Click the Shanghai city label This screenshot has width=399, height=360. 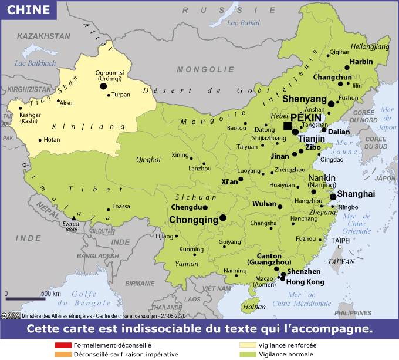tap(356, 193)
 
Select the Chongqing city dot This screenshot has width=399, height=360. tap(223, 218)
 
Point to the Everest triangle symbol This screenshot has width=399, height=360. tap(74, 218)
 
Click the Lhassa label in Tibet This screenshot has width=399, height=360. tap(121, 206)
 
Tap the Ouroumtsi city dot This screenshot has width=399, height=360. tap(103, 86)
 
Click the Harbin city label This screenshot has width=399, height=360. tap(361, 61)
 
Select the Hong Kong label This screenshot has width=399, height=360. tap(305, 282)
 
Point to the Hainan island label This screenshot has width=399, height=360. tap(253, 306)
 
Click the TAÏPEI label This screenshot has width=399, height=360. tap(340, 240)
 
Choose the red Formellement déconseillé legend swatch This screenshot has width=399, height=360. tap(63, 346)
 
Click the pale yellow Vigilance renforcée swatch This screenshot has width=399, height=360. tap(249, 346)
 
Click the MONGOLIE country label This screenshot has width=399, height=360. tap(197, 69)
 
